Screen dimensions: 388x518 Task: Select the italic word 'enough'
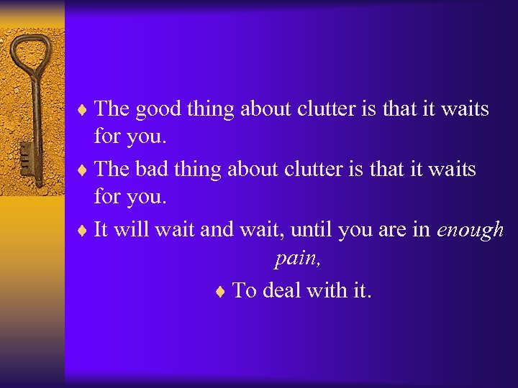tap(470, 231)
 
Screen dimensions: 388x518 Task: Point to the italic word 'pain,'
tap(297, 259)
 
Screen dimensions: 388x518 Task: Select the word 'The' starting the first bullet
tap(112, 109)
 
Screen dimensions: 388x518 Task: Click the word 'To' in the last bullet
tap(245, 290)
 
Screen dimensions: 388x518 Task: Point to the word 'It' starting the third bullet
tap(101, 230)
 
